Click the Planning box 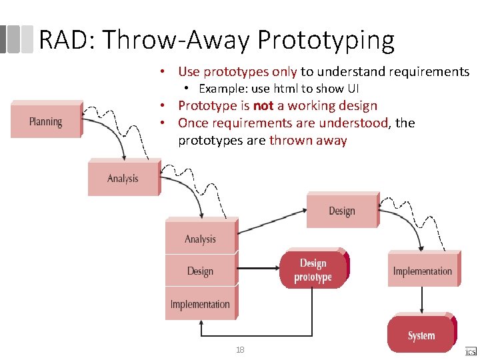[x=45, y=121]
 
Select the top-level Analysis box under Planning [x=123, y=178]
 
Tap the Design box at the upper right [x=341, y=211]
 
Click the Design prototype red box [x=313, y=270]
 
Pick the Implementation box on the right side [x=422, y=271]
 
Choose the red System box [x=421, y=335]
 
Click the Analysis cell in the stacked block [x=200, y=239]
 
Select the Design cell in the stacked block [x=200, y=271]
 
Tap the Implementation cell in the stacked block [x=200, y=304]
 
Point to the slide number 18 [x=239, y=349]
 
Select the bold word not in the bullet [x=264, y=106]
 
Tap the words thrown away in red [x=308, y=140]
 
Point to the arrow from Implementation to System [x=421, y=301]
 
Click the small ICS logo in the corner [x=471, y=350]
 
